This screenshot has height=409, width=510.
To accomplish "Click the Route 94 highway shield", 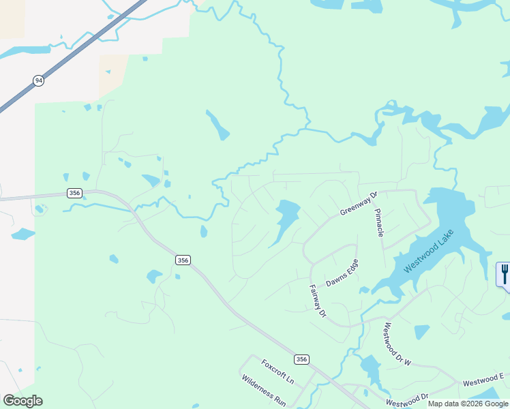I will tap(38, 80).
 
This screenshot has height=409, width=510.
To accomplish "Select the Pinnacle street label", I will tap(379, 223).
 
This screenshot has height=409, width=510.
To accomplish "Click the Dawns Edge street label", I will tap(342, 275).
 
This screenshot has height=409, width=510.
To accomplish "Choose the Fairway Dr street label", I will tap(318, 301).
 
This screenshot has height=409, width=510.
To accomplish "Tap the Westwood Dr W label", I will tap(397, 344).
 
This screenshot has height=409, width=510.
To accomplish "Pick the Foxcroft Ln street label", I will tap(277, 371).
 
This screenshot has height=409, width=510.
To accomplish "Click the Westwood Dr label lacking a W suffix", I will tap(406, 399).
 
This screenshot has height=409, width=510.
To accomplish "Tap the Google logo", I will tap(22, 401).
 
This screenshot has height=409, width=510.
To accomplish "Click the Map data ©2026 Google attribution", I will tap(468, 404).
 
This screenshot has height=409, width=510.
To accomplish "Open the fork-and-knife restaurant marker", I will tap(503, 275).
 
